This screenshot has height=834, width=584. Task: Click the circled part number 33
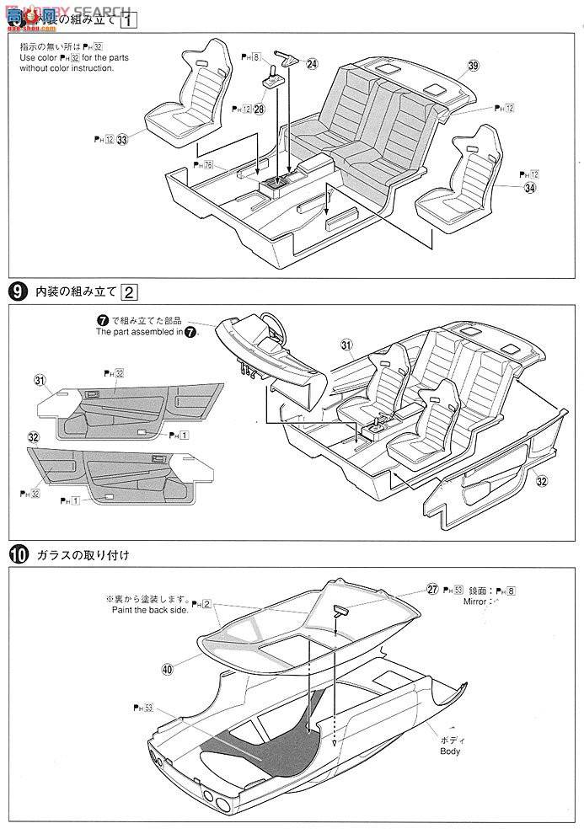point(122,140)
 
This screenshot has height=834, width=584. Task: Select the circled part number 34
point(530,188)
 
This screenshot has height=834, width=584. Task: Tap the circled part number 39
point(474,65)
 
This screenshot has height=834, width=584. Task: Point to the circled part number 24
point(313,63)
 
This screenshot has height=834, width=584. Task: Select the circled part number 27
point(432,590)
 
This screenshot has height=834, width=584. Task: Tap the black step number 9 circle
point(16,292)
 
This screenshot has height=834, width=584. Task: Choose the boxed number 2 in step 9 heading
point(129,292)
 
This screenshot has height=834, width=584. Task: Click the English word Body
point(449,751)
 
